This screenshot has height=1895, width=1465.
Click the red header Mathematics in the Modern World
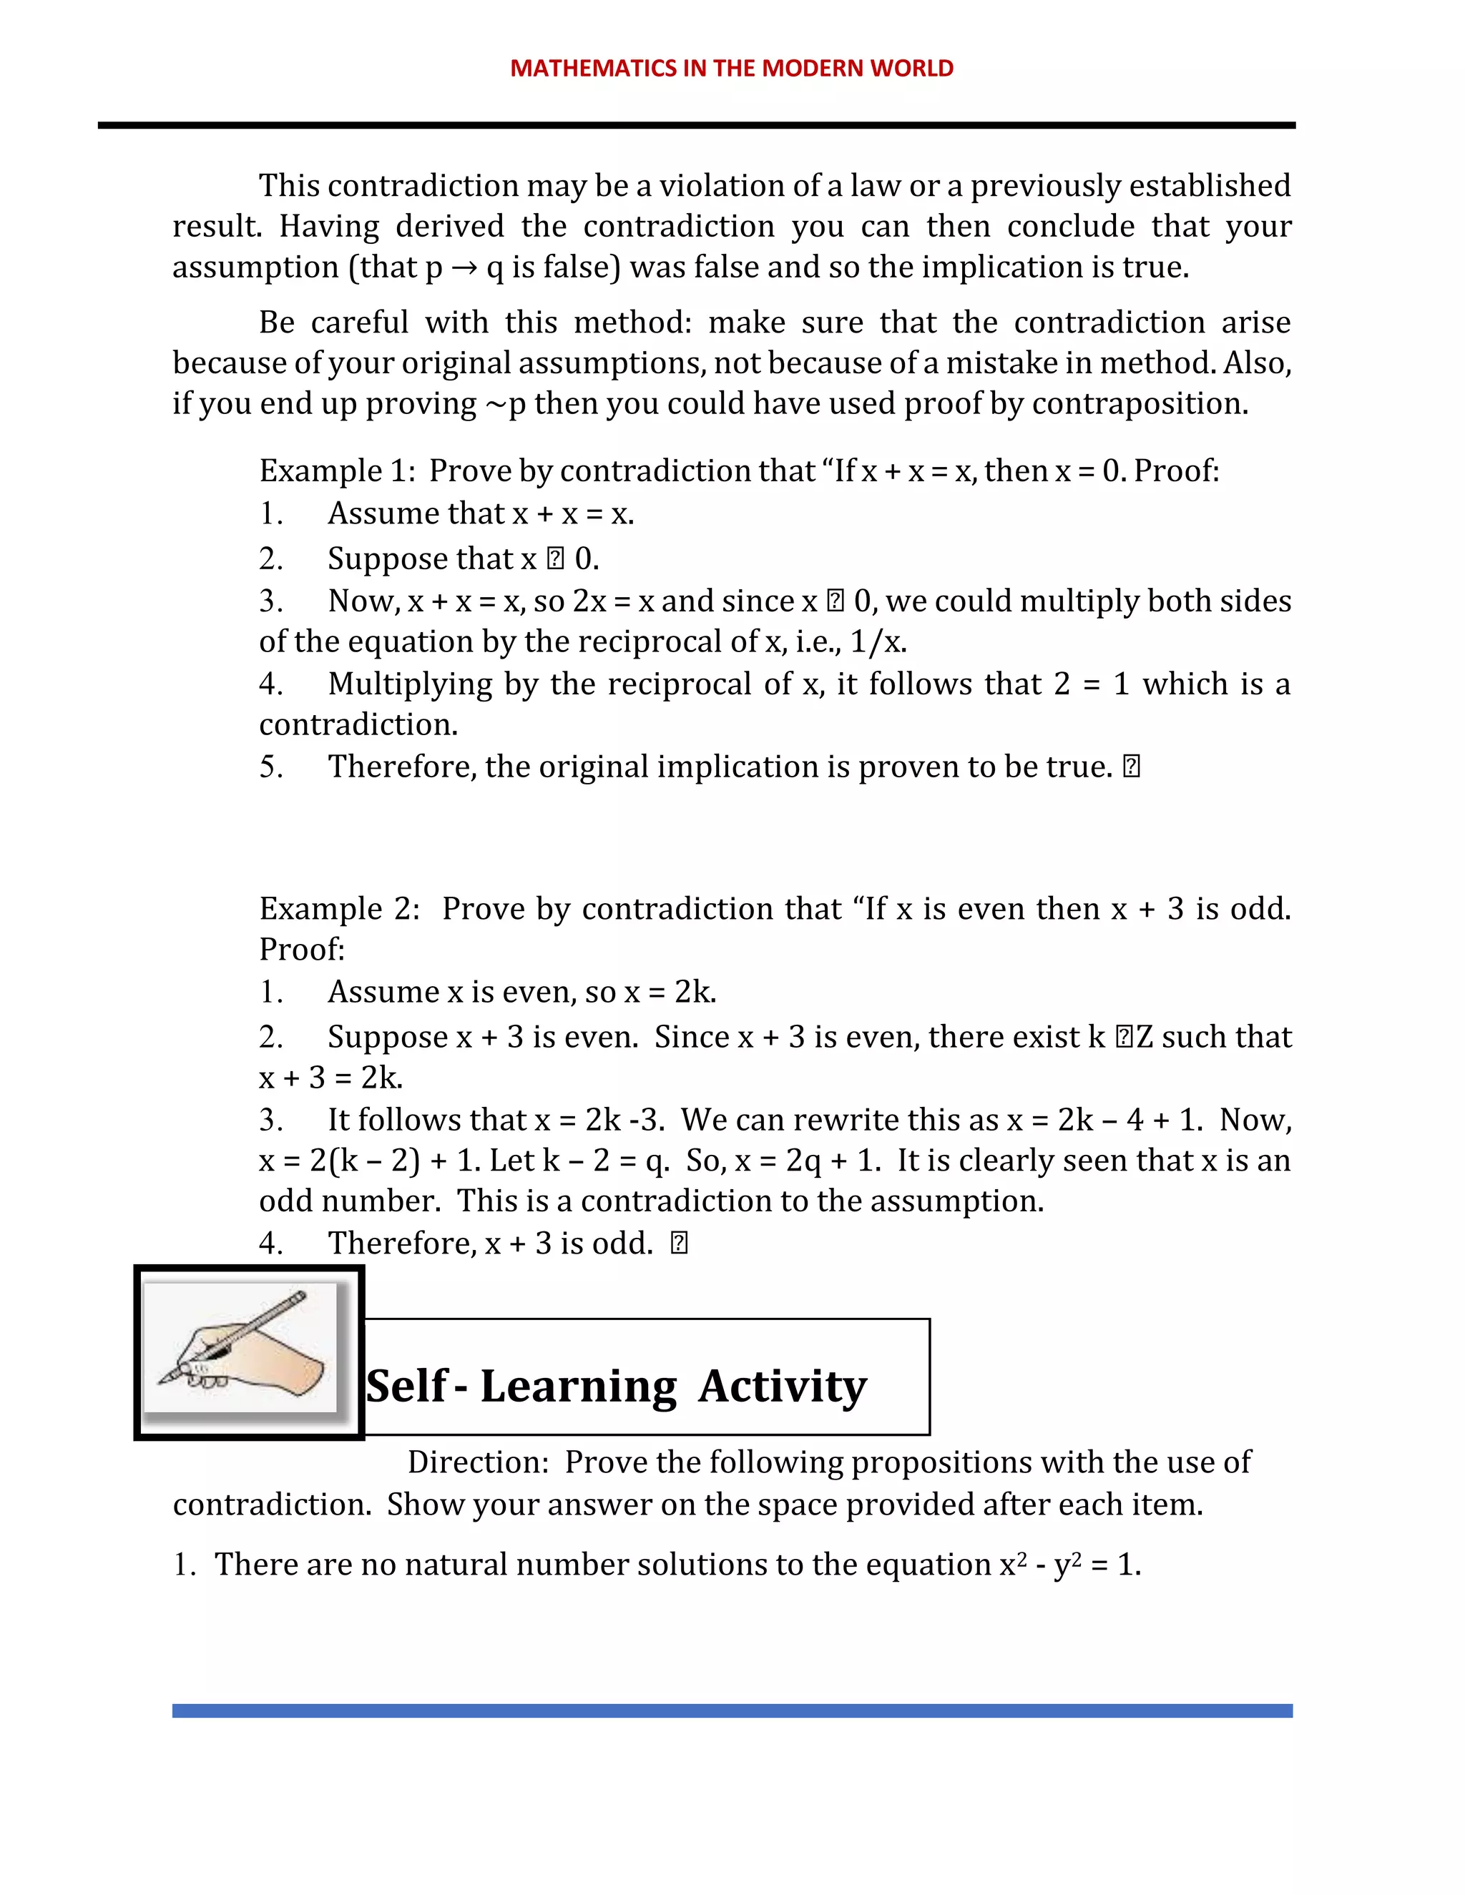tap(732, 69)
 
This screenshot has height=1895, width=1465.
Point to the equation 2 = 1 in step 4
tap(1091, 684)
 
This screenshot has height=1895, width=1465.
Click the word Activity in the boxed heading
tap(782, 1387)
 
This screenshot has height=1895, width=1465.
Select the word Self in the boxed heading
tap(406, 1387)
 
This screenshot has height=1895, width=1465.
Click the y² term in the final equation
tap(1067, 1565)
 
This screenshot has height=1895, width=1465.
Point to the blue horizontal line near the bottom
tap(732, 1711)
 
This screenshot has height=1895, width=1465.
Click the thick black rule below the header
tap(696, 126)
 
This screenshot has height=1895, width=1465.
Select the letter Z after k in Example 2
tap(1144, 1038)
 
